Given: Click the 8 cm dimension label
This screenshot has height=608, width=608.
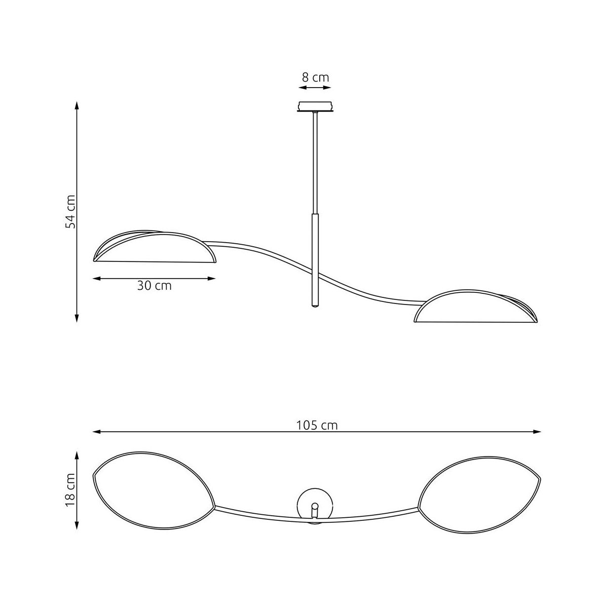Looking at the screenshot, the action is point(315,78).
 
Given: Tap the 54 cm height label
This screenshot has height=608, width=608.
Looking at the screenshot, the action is point(70,212).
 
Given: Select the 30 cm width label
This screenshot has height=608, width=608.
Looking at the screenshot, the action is point(155,286).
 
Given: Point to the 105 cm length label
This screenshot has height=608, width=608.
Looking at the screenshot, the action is point(317,426).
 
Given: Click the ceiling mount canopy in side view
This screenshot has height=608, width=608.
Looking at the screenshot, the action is point(315,106).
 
